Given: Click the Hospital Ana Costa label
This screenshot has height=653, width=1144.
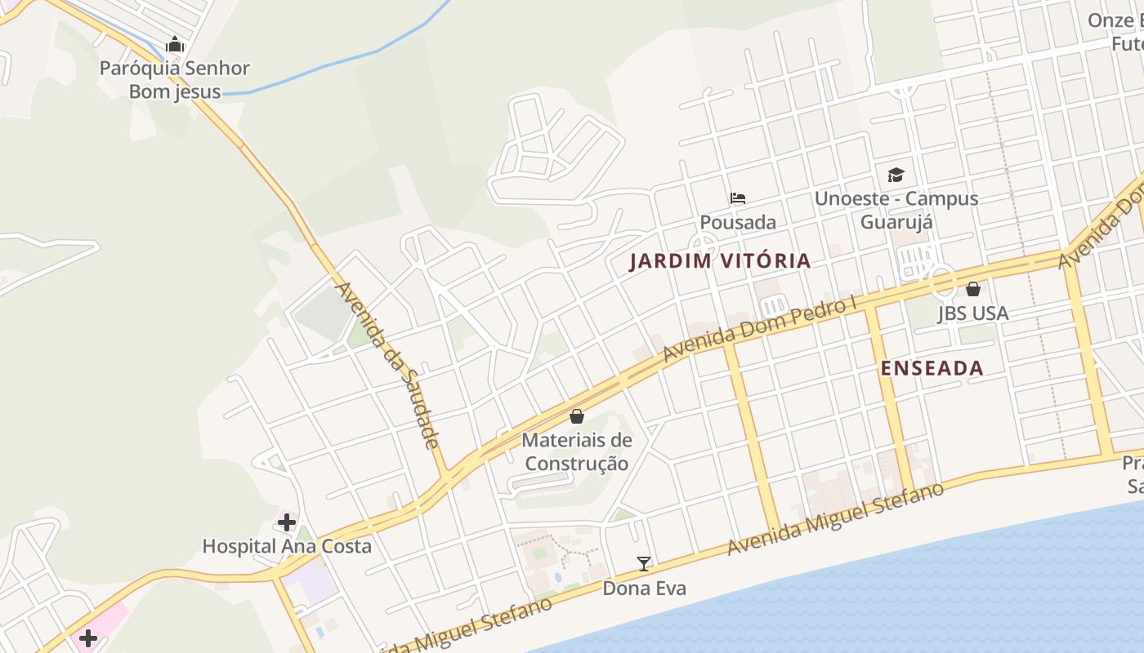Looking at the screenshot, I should click(287, 546).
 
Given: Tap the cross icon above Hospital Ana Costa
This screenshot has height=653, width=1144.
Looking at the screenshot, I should click(287, 522).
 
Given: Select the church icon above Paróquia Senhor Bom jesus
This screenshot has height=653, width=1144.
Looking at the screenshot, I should click(175, 44).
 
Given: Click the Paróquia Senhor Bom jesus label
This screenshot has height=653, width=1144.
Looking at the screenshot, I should click(175, 79).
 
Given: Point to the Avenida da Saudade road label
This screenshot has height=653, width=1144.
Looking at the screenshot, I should click(389, 365).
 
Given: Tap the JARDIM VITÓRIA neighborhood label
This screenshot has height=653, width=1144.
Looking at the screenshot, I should click(720, 261).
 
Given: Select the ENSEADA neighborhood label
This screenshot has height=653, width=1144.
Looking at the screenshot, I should click(932, 368).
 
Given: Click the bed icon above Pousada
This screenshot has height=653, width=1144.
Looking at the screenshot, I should click(738, 198).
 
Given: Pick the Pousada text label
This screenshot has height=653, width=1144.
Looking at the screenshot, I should click(738, 222).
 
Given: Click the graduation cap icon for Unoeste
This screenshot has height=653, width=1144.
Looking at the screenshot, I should click(896, 175).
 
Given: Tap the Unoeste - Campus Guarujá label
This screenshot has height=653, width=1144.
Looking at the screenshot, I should click(896, 210).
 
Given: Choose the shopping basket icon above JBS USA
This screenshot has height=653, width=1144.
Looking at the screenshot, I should click(972, 289).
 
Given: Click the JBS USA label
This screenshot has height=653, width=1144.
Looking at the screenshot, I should click(972, 313).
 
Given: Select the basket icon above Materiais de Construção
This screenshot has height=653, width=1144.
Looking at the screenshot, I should click(577, 416).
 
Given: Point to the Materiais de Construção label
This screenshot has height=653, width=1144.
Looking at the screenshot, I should click(577, 451).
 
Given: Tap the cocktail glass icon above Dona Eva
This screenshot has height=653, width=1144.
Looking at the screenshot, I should click(644, 563).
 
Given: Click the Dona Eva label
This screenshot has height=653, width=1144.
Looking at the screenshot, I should click(644, 588).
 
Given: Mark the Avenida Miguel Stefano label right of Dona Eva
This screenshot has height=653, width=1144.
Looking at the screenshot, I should click(835, 518).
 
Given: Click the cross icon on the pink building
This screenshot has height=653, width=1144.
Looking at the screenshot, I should click(88, 637).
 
